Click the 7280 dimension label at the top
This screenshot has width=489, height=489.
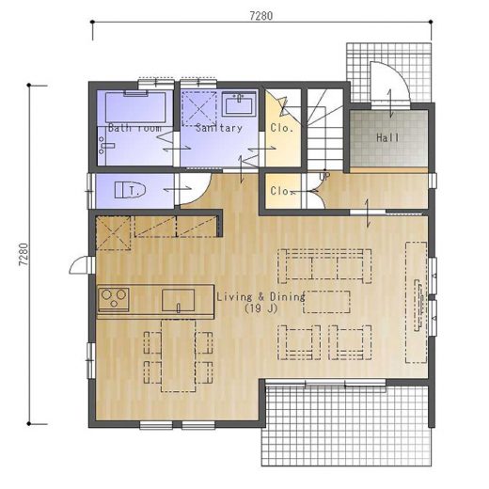pyautogui.click(x=261, y=16)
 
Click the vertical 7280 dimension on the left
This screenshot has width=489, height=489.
pyautogui.click(x=24, y=255)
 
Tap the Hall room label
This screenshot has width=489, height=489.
pyautogui.click(x=387, y=137)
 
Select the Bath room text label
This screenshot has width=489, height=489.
pyautogui.click(x=134, y=128)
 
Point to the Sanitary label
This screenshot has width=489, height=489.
pyautogui.click(x=219, y=128)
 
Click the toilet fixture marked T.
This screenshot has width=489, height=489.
pyautogui.click(x=131, y=190)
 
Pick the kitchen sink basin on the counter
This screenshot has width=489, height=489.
pyautogui.click(x=178, y=300)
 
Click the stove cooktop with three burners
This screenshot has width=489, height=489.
pyautogui.click(x=114, y=299)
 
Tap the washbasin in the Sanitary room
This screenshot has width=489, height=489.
pyautogui.click(x=240, y=104)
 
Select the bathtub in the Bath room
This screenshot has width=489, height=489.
pyautogui.click(x=135, y=107)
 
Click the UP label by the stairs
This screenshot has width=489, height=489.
pyautogui.click(x=325, y=177)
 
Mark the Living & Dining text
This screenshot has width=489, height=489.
pyautogui.click(x=260, y=296)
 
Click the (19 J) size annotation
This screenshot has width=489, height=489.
pyautogui.click(x=261, y=308)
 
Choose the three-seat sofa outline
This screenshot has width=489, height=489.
pyautogui.click(x=324, y=266)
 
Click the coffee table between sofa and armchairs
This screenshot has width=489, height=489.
pyautogui.click(x=326, y=302)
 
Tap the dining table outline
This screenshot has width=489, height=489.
pyautogui.click(x=179, y=355)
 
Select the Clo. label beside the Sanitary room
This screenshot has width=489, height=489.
pyautogui.click(x=282, y=128)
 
